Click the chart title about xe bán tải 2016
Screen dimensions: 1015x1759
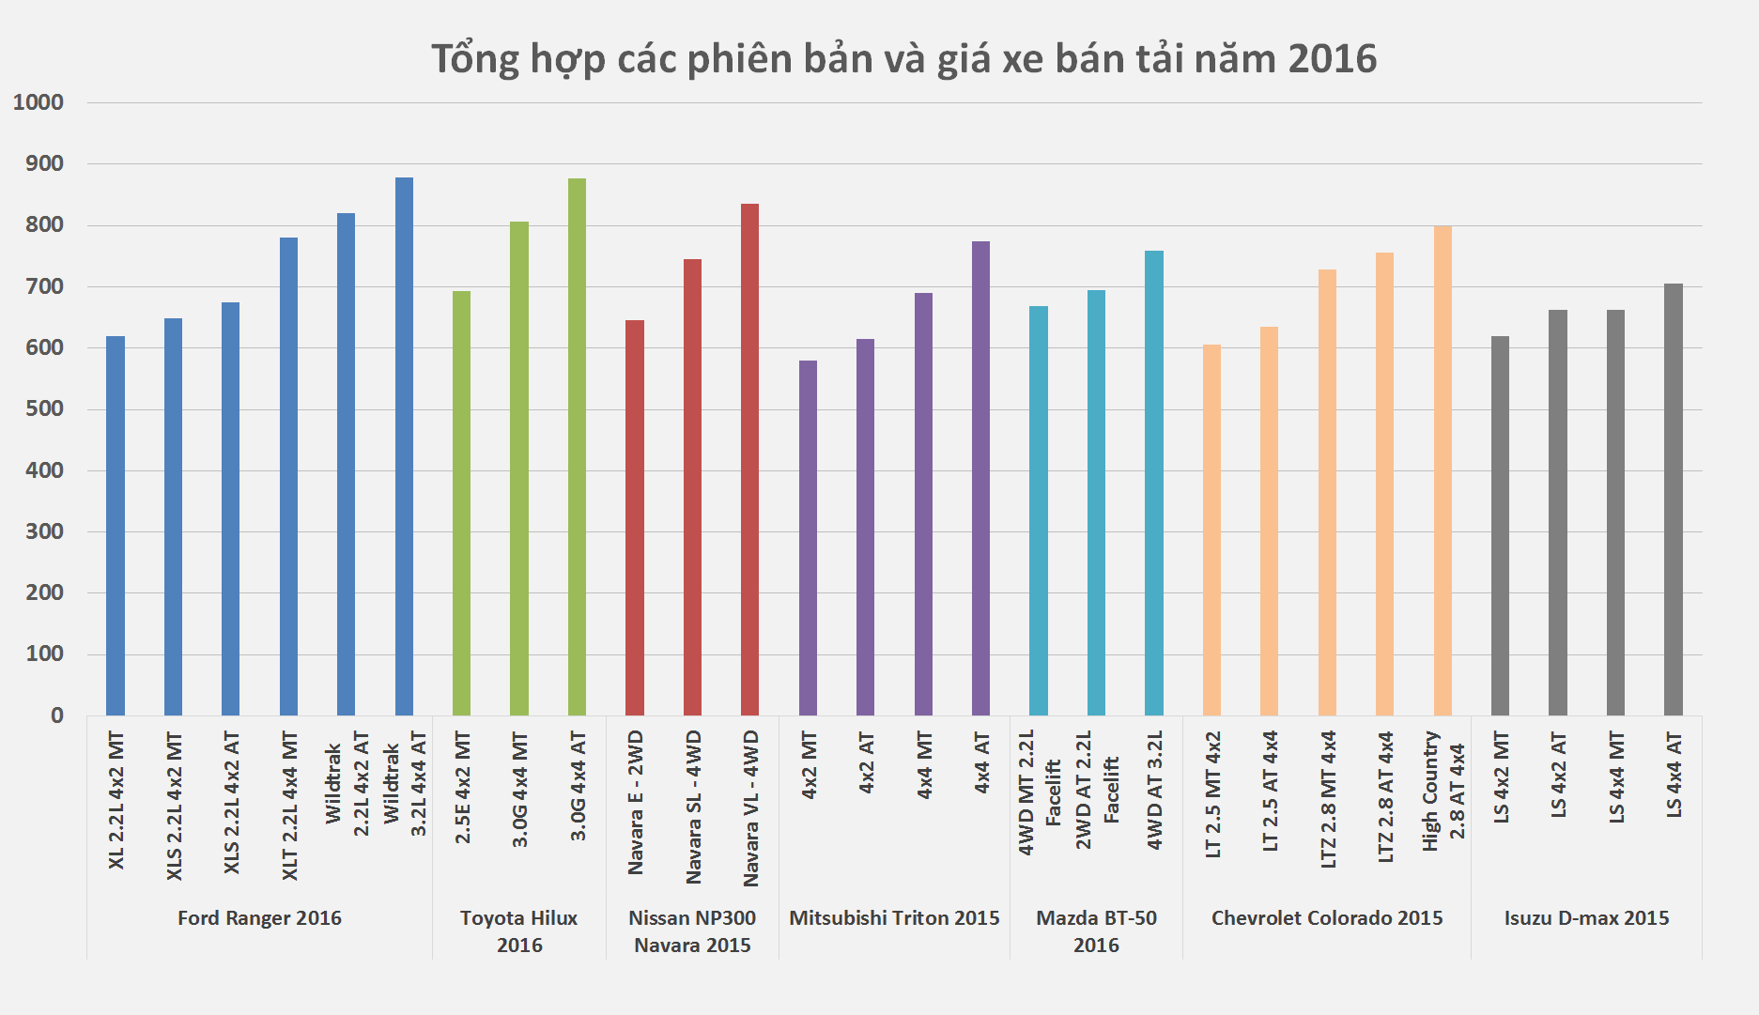[x=903, y=58]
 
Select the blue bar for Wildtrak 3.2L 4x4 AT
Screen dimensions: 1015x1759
[x=404, y=446]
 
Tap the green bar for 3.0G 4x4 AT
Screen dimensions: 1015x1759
[x=577, y=446]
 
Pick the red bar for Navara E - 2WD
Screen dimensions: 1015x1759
[x=635, y=516]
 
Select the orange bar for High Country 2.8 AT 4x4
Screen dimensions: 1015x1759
[x=1443, y=469]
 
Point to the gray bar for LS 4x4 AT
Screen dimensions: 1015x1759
[x=1674, y=498]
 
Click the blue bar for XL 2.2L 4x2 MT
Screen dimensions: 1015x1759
[x=116, y=526]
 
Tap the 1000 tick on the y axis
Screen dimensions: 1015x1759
[x=39, y=102]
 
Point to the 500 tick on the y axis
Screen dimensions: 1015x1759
[x=44, y=409]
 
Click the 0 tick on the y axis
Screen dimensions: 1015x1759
[x=57, y=715]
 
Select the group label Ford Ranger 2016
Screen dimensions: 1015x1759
[x=259, y=918]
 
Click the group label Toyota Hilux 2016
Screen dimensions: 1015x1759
[x=518, y=931]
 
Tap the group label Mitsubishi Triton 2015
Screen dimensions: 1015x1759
[x=894, y=918]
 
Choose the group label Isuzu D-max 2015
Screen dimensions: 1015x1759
[x=1586, y=918]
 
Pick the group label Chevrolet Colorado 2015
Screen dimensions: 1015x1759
[x=1327, y=918]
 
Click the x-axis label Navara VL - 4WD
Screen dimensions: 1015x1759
[x=750, y=807]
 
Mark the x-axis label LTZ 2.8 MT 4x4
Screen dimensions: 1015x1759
[x=1328, y=799]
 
